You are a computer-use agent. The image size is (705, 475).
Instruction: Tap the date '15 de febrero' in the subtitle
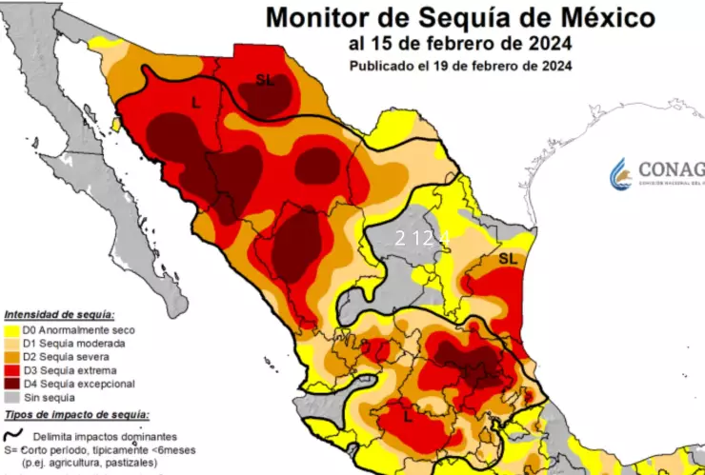click(420, 43)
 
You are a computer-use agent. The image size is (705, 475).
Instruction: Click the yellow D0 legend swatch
click(11, 328)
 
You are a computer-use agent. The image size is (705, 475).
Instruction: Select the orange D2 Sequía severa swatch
click(11, 356)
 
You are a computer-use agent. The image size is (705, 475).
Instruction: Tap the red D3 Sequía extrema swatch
click(11, 369)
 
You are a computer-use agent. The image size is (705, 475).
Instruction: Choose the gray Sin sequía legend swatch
click(11, 397)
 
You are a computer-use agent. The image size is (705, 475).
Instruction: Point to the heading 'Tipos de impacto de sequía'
click(76, 414)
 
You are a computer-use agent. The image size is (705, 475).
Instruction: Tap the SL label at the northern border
click(264, 81)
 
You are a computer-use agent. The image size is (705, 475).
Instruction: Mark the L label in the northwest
click(195, 104)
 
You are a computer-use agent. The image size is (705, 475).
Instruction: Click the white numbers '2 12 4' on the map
click(421, 238)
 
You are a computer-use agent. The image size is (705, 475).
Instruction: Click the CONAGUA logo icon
click(621, 173)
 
